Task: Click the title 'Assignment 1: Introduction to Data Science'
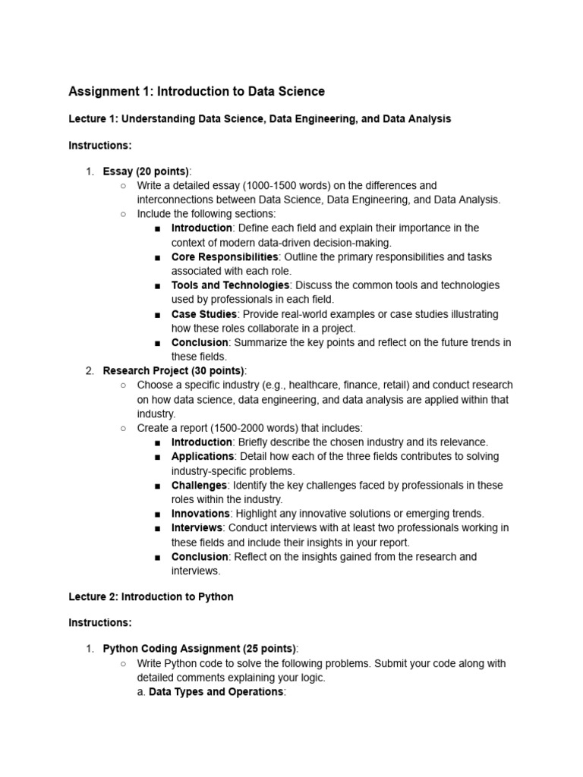pyautogui.click(x=197, y=92)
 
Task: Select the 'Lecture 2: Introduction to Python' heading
pyautogui.click(x=151, y=596)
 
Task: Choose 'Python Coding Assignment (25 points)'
pyautogui.click(x=200, y=648)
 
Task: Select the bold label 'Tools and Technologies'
pyautogui.click(x=230, y=285)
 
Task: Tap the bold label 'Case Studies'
pyautogui.click(x=204, y=314)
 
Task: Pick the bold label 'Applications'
pyautogui.click(x=203, y=456)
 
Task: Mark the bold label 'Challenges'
pyautogui.click(x=199, y=485)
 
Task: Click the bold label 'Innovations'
pyautogui.click(x=200, y=514)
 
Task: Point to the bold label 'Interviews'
pyautogui.click(x=197, y=527)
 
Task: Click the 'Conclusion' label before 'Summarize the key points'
pyautogui.click(x=200, y=342)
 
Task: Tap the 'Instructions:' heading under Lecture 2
pyautogui.click(x=100, y=622)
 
